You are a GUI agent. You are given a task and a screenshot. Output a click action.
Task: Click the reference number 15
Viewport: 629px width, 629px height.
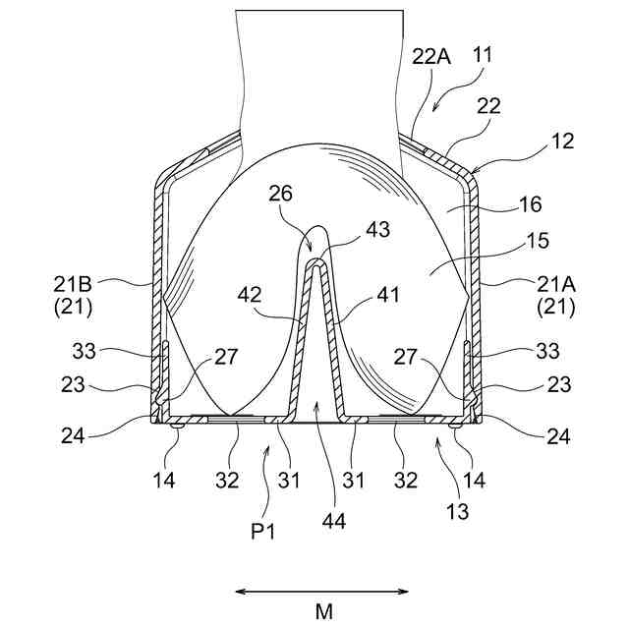point(537,241)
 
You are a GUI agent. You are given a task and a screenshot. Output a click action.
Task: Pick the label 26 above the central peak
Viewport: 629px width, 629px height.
point(279,195)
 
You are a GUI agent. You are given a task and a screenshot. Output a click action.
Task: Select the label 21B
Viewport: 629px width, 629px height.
point(73,284)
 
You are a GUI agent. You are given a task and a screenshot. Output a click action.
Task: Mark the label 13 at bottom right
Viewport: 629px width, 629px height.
point(456,510)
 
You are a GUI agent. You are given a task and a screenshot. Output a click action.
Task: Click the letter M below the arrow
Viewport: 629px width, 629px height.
point(324,610)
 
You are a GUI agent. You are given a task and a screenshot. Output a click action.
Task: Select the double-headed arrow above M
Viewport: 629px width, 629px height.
point(323,591)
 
